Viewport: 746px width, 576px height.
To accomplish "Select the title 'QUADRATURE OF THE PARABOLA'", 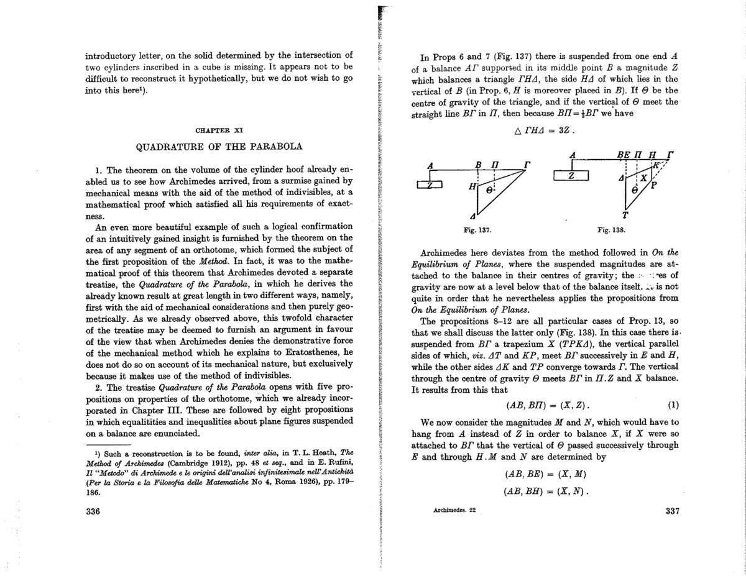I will coord(219,147).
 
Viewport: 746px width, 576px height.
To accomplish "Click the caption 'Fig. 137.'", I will coord(477,230).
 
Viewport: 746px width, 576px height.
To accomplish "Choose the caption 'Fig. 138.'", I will coord(611,230).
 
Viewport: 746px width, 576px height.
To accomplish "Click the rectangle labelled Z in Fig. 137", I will coord(429,185).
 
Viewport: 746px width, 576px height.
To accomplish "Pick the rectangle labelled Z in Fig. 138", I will coord(571,176).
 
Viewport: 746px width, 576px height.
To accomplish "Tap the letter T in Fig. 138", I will coord(625,216).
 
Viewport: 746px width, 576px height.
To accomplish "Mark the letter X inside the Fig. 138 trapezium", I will coord(643,178).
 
